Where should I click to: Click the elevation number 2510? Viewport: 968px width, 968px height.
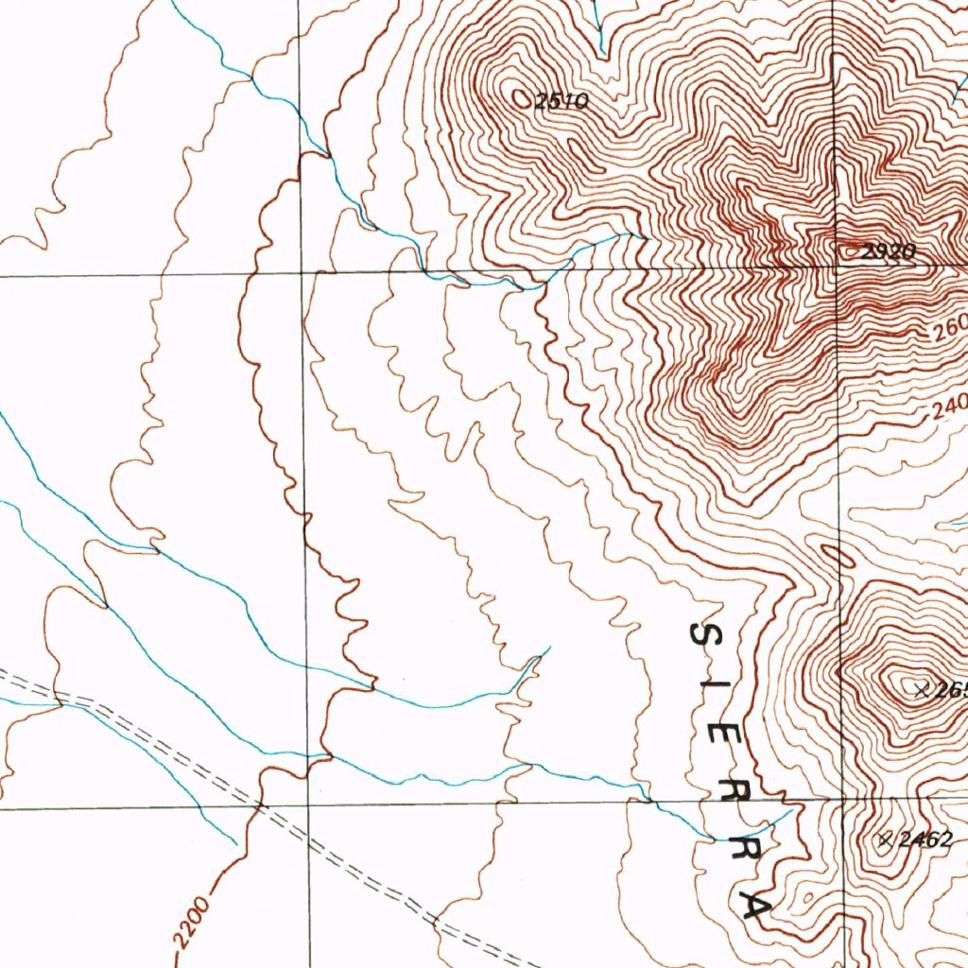pyautogui.click(x=562, y=101)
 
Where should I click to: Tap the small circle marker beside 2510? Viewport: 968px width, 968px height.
pyautogui.click(x=521, y=96)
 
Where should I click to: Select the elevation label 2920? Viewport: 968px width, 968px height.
pyautogui.click(x=889, y=251)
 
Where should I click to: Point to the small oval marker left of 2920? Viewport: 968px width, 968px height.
pyautogui.click(x=850, y=251)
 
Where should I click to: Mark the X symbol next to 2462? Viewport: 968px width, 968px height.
pyautogui.click(x=886, y=838)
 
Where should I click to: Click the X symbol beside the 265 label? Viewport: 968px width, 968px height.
pyautogui.click(x=923, y=690)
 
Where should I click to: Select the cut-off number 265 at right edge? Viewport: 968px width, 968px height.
pyautogui.click(x=950, y=690)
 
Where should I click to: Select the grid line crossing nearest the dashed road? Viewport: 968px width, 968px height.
pyautogui.click(x=307, y=806)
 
